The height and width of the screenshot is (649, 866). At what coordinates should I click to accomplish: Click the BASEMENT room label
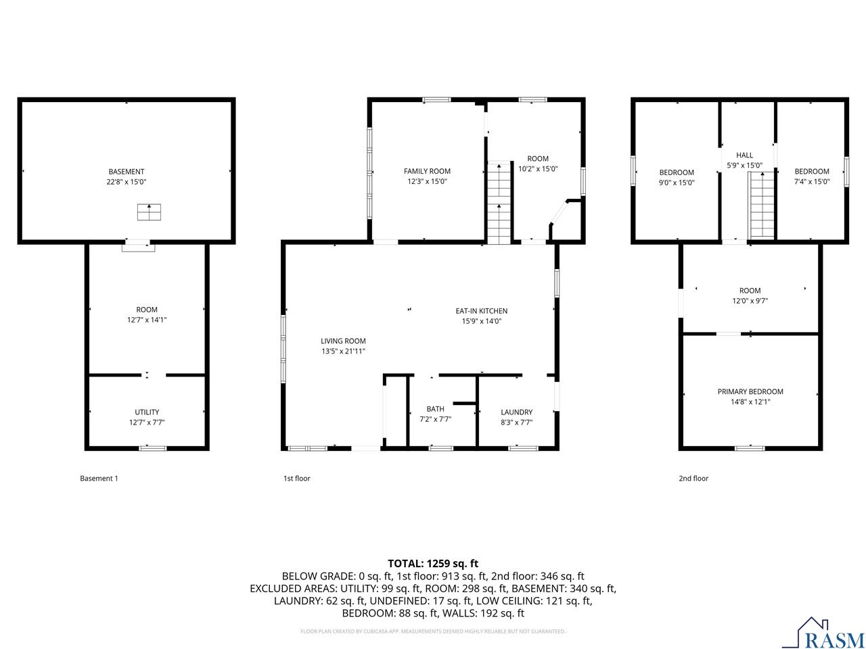point(127,172)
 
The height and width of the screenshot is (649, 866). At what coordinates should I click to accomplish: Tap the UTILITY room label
point(147,412)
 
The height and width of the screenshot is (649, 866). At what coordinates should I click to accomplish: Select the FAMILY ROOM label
point(427,171)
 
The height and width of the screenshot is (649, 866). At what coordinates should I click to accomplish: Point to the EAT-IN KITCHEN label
point(481,311)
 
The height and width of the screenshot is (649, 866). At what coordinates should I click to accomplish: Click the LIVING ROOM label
point(343,341)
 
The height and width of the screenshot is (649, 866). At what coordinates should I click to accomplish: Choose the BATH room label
point(435,409)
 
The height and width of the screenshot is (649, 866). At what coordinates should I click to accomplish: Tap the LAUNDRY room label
point(516,412)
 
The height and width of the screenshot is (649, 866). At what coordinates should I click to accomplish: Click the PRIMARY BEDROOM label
point(750,391)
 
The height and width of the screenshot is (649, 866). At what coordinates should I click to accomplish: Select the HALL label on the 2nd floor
point(744,155)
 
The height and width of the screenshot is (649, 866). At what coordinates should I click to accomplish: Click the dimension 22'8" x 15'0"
point(127,182)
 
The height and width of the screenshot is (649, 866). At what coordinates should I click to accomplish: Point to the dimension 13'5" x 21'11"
point(343,352)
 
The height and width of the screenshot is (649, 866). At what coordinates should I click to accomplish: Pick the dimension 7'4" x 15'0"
point(812,181)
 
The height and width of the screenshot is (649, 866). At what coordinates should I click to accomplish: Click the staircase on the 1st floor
point(499,203)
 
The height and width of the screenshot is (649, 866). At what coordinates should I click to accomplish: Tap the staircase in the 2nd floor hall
point(761,206)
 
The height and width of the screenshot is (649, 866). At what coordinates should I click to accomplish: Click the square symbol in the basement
point(150,212)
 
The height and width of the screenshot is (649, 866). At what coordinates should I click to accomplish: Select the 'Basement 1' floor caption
point(99,479)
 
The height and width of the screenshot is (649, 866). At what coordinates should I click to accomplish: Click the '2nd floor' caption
point(693,479)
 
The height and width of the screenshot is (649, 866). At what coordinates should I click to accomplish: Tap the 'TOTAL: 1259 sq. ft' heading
point(433,563)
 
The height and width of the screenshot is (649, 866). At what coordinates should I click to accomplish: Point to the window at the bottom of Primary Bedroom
point(750,448)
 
